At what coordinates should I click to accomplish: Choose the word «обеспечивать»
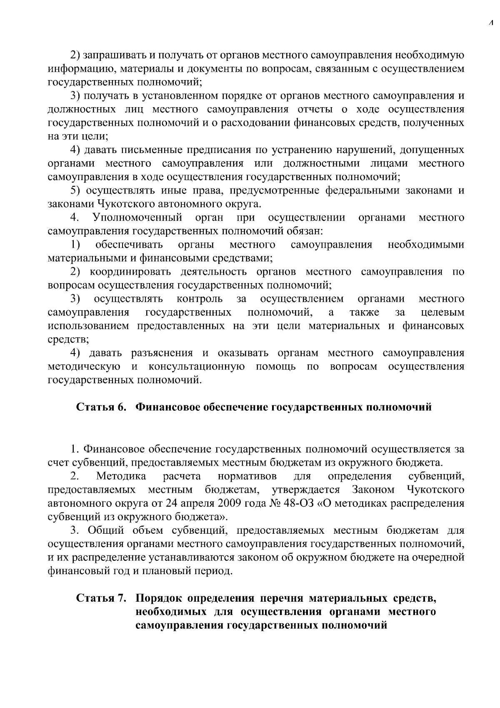tap(129, 245)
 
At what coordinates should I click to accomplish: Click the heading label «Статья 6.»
tap(101, 407)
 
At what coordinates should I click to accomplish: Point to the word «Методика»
tap(121, 476)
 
